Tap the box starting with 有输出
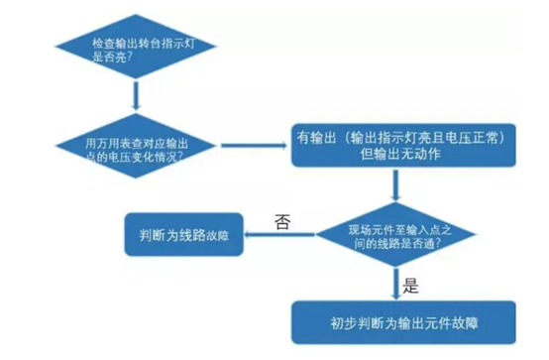pyautogui.click(x=397, y=146)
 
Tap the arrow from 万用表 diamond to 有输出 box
pyautogui.click(x=252, y=146)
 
